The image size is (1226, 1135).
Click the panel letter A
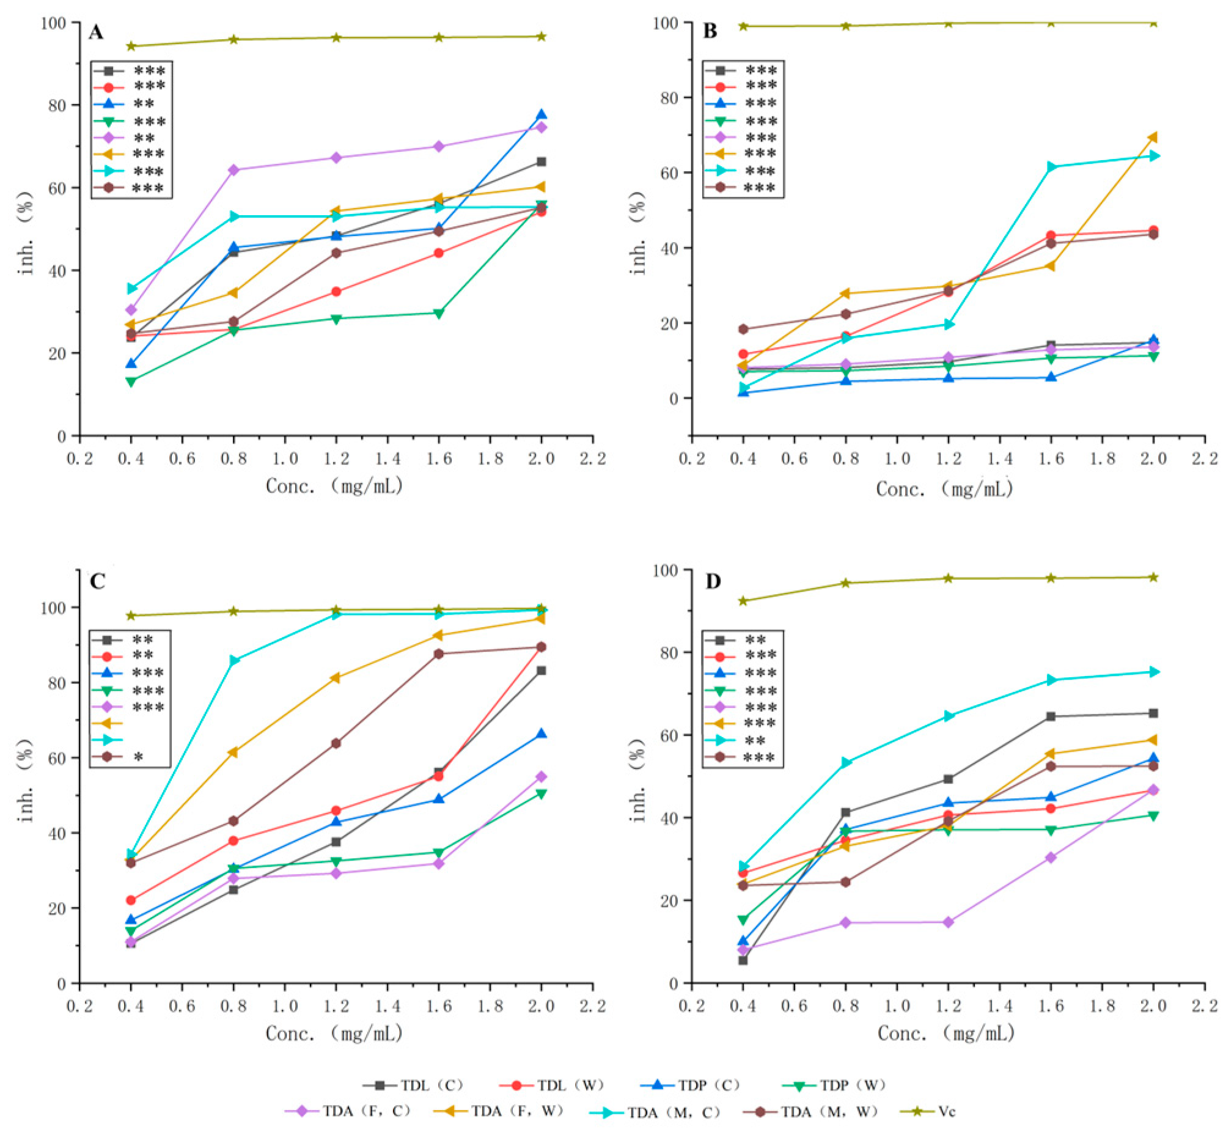click(95, 32)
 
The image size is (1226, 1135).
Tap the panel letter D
click(713, 581)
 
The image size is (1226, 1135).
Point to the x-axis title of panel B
click(944, 489)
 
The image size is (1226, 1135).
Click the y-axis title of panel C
click(26, 779)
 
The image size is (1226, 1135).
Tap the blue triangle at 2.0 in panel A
click(541, 115)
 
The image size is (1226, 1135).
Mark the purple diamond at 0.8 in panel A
click(233, 169)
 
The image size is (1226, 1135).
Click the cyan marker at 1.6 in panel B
click(1051, 166)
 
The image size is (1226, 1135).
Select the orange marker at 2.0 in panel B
click(1153, 137)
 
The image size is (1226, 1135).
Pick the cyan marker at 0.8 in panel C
click(233, 661)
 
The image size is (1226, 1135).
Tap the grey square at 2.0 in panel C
click(541, 670)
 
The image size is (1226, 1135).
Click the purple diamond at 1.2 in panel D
click(948, 922)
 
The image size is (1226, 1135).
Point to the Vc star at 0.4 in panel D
click(743, 601)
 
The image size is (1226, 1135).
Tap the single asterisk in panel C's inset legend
click(138, 757)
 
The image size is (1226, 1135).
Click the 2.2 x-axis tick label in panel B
click(1205, 458)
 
